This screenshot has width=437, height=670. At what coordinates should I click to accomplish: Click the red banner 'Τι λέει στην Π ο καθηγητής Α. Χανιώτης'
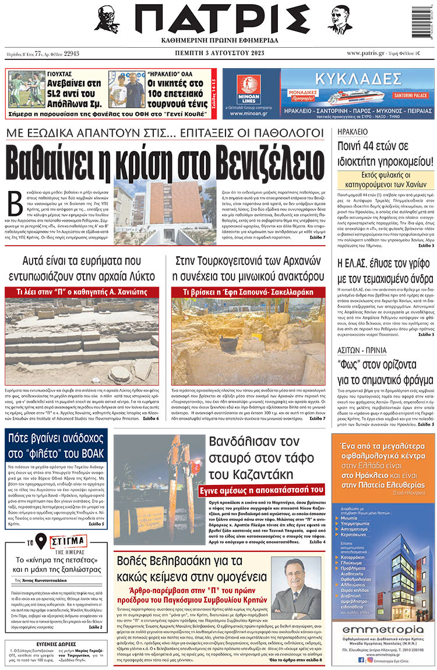[82, 292]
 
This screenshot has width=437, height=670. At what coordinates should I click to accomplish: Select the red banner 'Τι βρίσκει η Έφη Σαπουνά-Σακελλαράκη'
[248, 292]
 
